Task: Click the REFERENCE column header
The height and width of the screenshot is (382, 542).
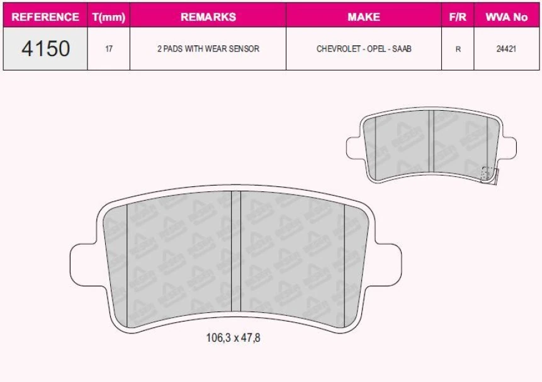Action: [x=45, y=17]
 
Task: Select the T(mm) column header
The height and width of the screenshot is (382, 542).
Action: [x=109, y=17]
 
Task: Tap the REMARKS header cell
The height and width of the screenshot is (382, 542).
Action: [x=208, y=17]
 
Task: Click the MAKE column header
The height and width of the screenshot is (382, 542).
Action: [x=363, y=17]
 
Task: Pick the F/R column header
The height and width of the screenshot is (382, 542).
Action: [x=457, y=17]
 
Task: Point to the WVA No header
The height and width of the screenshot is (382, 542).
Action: [x=506, y=17]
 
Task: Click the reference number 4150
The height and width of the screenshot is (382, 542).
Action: [x=45, y=48]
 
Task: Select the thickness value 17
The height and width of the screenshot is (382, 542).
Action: [x=109, y=48]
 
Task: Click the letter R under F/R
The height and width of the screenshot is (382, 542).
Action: [x=457, y=48]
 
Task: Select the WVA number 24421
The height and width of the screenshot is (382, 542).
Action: [x=506, y=48]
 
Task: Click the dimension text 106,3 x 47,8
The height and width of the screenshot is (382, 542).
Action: [x=233, y=338]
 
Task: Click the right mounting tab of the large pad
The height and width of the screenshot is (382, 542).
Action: [x=388, y=264]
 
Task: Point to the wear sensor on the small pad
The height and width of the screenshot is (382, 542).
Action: [x=488, y=174]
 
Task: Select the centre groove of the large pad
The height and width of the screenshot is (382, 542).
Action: [x=236, y=252]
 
